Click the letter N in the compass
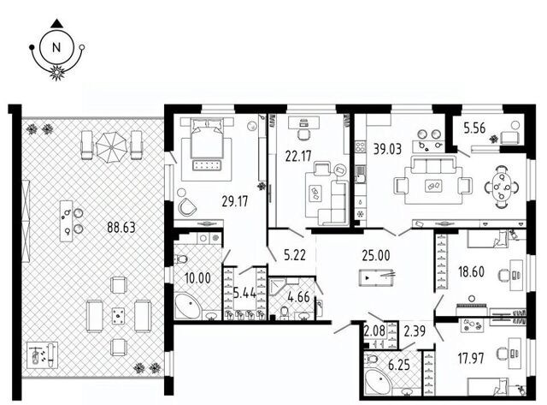[x=56, y=47]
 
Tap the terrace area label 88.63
[x=121, y=228]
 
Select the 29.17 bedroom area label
[x=235, y=201]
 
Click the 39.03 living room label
[x=387, y=149]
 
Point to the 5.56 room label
[x=474, y=128]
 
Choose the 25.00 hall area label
[x=376, y=255]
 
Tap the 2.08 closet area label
[x=374, y=331]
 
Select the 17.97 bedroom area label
[x=471, y=359]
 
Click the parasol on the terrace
[x=111, y=147]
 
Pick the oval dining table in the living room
[x=502, y=187]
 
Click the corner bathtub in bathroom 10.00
[x=187, y=307]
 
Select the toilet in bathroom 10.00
[x=180, y=259]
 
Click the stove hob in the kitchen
[x=360, y=146]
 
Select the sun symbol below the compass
[x=57, y=73]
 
